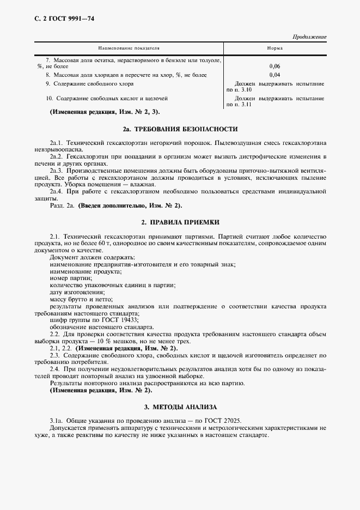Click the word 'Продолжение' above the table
click(309, 37)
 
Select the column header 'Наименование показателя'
click(129, 48)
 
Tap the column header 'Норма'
click(274, 48)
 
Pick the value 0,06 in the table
click(274, 66)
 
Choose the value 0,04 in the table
click(274, 75)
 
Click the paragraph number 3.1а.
click(57, 421)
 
